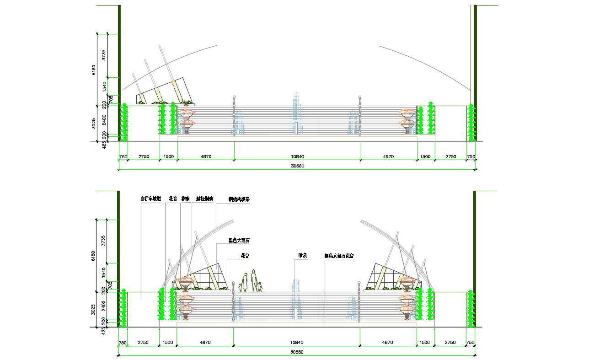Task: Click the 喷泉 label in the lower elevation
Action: (x=302, y=256)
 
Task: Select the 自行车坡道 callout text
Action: (x=150, y=199)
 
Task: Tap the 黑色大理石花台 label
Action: (x=339, y=256)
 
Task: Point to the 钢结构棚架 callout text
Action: (x=239, y=199)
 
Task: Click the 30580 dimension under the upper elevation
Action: (x=297, y=166)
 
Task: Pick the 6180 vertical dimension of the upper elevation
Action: (x=94, y=70)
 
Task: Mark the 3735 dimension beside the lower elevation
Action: (x=104, y=241)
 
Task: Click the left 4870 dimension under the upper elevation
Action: (x=206, y=156)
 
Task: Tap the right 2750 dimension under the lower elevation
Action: (x=450, y=343)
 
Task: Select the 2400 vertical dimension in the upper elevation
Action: (x=104, y=120)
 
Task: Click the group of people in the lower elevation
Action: (x=251, y=281)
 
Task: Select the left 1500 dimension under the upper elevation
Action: (x=168, y=156)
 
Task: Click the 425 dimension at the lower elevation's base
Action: (x=104, y=330)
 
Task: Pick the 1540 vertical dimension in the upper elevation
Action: (x=104, y=86)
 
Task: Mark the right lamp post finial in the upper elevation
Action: (x=359, y=97)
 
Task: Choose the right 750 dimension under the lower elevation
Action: (x=471, y=343)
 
